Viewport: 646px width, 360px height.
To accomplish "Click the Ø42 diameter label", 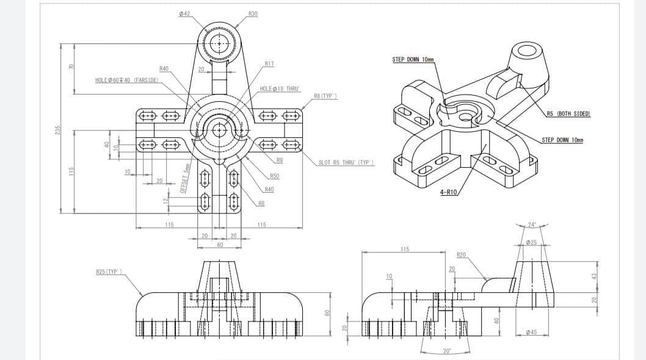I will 184,13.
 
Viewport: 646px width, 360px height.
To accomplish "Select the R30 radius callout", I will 253,13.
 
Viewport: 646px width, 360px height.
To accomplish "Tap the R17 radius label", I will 269,63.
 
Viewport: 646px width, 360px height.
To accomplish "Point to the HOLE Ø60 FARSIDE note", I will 127,80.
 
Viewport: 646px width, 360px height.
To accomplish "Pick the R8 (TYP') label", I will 325,96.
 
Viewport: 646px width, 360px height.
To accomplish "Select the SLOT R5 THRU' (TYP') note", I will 346,162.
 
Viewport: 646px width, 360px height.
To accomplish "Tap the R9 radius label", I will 279,160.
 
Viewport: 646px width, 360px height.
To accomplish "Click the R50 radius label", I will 274,176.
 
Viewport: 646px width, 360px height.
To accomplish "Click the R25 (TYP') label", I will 109,271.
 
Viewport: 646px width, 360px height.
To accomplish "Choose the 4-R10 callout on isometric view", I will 448,192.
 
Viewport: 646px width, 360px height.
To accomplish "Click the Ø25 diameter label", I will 531,243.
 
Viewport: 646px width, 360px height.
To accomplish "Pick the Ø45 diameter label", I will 531,332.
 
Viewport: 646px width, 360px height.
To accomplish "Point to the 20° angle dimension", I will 447,351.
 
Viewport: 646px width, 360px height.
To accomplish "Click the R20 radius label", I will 462,254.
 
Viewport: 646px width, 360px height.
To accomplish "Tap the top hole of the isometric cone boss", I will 527,51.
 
